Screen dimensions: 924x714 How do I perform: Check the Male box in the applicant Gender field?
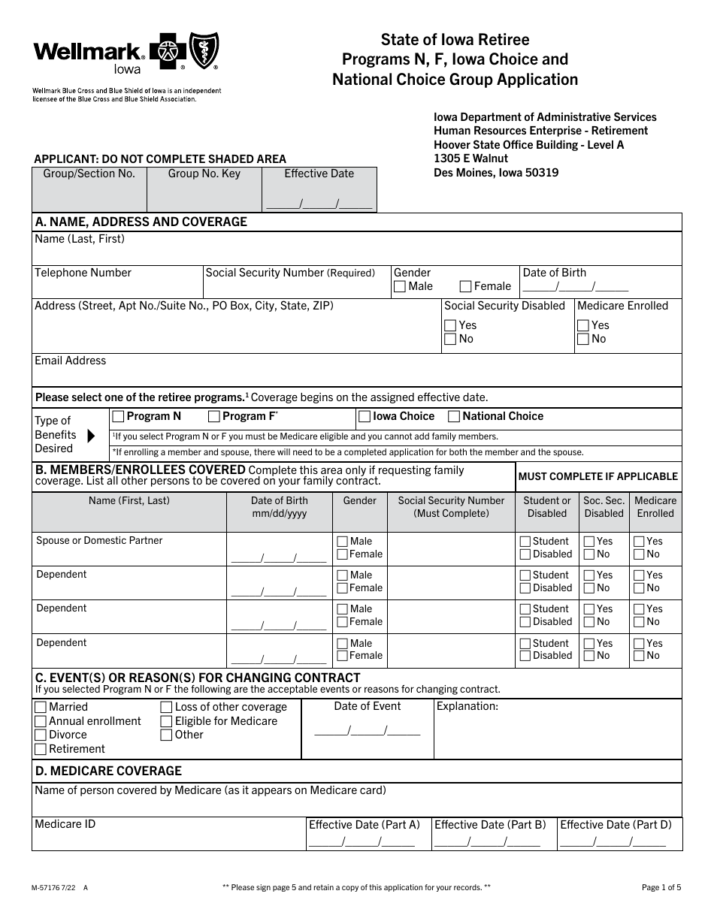pyautogui.click(x=400, y=286)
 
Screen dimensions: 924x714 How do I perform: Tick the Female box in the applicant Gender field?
pyautogui.click(x=465, y=286)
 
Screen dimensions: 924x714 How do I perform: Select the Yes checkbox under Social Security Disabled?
pyautogui.click(x=450, y=325)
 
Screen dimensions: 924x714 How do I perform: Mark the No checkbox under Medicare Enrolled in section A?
pyautogui.click(x=583, y=339)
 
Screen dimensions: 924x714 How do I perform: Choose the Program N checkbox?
pyautogui.click(x=118, y=416)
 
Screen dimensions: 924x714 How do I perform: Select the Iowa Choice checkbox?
pyautogui.click(x=365, y=416)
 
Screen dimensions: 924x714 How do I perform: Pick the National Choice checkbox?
pyautogui.click(x=454, y=416)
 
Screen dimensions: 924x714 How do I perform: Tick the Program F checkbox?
pyautogui.click(x=214, y=416)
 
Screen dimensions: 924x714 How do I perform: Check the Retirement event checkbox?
pyautogui.click(x=41, y=749)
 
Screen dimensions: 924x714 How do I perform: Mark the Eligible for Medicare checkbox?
pyautogui.click(x=166, y=721)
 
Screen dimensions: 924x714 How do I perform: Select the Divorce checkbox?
pyautogui.click(x=41, y=735)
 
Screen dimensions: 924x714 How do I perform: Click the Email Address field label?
pyautogui.click(x=71, y=361)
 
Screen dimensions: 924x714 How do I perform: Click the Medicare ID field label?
pyautogui.click(x=65, y=824)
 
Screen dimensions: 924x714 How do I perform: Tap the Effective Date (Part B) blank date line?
pyautogui.click(x=486, y=841)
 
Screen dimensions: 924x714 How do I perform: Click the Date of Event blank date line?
pyautogui.click(x=367, y=730)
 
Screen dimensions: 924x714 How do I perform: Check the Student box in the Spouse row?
pyautogui.click(x=525, y=541)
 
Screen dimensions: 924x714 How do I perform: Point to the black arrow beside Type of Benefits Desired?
pyautogui.click(x=92, y=435)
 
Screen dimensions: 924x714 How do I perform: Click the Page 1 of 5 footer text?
pyautogui.click(x=661, y=887)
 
